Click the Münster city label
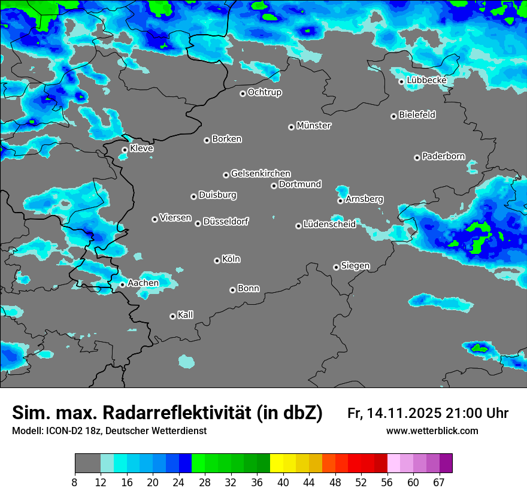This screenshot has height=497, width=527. click(x=314, y=126)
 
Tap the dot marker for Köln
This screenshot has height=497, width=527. click(x=217, y=260)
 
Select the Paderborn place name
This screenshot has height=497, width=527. click(x=444, y=157)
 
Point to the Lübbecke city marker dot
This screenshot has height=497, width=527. click(x=401, y=81)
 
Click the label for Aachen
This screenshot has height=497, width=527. click(x=143, y=283)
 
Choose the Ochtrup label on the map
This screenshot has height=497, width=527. click(x=265, y=92)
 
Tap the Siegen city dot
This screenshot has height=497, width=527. click(x=336, y=267)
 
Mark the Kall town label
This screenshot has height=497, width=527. click(x=186, y=315)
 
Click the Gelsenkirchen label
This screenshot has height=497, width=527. click(x=261, y=174)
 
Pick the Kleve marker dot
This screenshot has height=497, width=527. click(x=125, y=150)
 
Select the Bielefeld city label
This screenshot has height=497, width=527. click(x=417, y=115)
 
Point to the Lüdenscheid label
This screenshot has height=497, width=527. click(x=329, y=225)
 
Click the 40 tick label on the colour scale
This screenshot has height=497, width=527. click(x=283, y=483)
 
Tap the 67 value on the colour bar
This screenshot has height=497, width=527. click(x=439, y=483)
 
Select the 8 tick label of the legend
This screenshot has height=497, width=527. click(x=75, y=483)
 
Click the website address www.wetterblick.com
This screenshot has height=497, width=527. click(x=432, y=431)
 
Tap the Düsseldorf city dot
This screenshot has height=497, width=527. click(x=198, y=223)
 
